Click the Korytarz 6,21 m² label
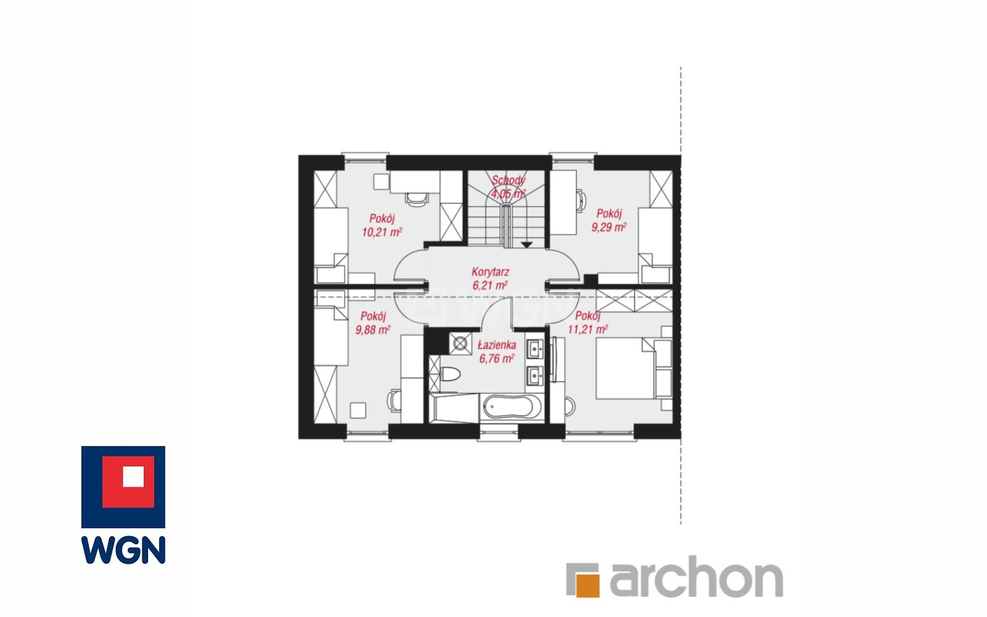click(x=490, y=279)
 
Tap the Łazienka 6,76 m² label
click(x=496, y=351)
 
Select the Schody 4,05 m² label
click(x=508, y=187)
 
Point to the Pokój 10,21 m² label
click(x=381, y=225)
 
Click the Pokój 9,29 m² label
click(x=609, y=220)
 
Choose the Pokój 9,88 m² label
click(x=373, y=322)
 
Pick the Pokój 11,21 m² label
click(x=588, y=322)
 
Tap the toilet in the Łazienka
click(x=450, y=374)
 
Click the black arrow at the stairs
click(x=527, y=245)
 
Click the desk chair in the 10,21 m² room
click(x=417, y=199)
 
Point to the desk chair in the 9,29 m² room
click(x=581, y=201)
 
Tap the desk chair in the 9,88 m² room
click(x=394, y=401)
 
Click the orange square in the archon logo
click(x=588, y=585)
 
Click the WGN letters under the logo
click(x=123, y=550)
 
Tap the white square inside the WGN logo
click(x=133, y=476)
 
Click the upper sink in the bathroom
click(x=535, y=350)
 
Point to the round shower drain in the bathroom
click(x=460, y=343)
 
